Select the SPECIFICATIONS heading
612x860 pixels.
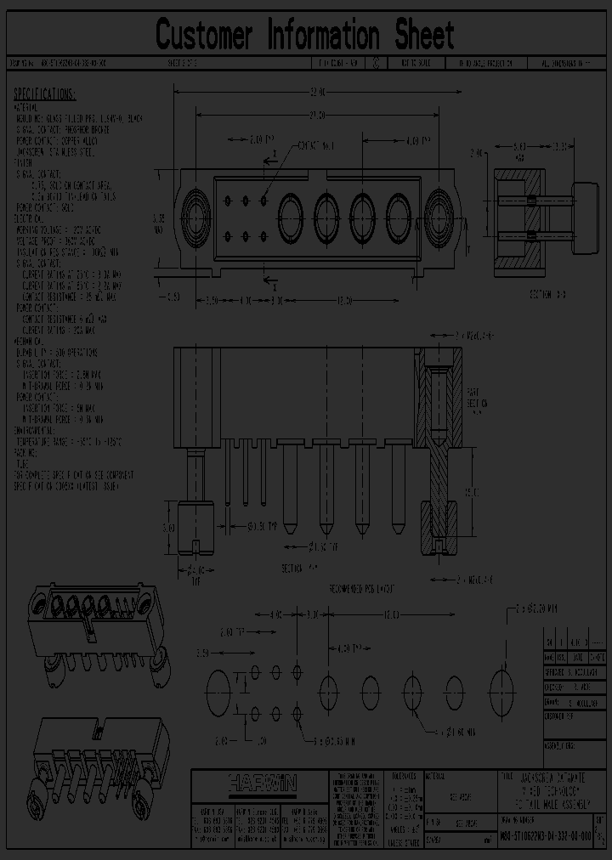45,94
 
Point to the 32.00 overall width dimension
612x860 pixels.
316,91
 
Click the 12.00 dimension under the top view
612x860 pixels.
344,300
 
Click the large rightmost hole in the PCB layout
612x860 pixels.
501,685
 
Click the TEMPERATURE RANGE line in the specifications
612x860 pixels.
67,443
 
